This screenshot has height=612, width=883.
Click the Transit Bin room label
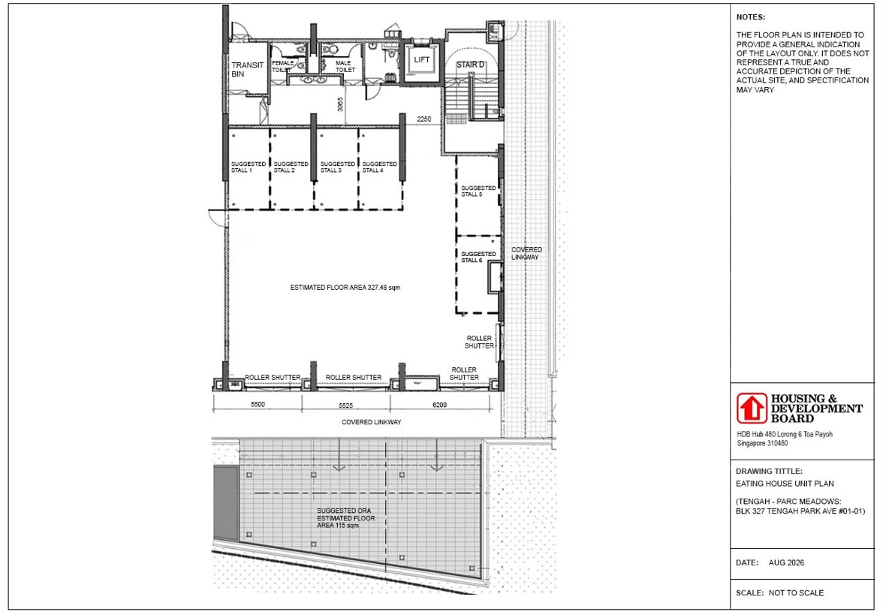[247, 69]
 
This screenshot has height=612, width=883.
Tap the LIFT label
[422, 59]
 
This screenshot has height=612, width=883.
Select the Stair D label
[470, 65]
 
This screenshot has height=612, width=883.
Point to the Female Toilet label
[282, 66]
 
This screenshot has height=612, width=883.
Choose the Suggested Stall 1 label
[249, 167]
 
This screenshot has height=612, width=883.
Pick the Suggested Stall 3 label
[338, 167]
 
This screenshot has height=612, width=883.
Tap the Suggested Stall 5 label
[479, 191]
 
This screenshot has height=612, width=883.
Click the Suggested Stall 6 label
[479, 258]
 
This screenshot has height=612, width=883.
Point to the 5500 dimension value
[258, 405]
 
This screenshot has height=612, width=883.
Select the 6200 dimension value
[439, 405]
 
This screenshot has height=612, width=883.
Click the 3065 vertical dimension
[340, 104]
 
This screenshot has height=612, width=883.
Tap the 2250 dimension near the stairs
[424, 119]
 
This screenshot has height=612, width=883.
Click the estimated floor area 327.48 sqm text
[345, 288]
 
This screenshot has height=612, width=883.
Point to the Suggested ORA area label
[345, 518]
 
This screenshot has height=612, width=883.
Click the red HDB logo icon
[752, 409]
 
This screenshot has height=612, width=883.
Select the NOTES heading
[751, 17]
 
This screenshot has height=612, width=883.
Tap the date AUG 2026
[786, 563]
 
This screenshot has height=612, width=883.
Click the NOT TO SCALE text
[796, 593]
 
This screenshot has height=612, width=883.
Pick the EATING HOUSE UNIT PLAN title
[785, 484]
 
